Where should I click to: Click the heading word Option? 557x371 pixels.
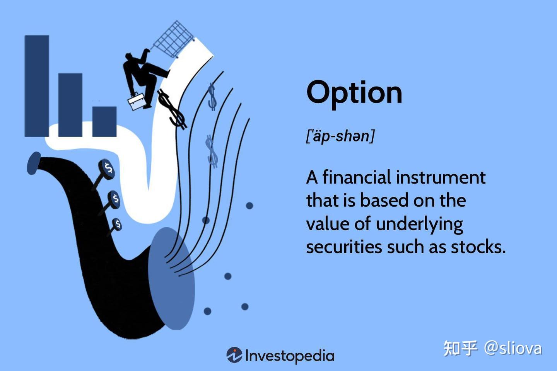point(354,93)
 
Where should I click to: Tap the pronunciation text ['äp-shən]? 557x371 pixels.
point(340,136)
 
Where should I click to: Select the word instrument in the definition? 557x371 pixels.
point(441,177)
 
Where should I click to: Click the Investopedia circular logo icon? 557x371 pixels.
point(234,355)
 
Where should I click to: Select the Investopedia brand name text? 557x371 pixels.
point(290,356)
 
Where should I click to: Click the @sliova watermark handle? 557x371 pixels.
point(513,348)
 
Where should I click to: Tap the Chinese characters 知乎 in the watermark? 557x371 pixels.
point(460,348)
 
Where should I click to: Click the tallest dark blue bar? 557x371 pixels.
point(37,86)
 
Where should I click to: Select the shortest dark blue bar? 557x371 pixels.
point(104,121)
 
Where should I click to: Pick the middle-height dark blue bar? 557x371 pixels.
point(70,105)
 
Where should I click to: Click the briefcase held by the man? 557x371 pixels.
point(137,101)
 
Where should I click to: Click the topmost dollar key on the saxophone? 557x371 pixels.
point(107,169)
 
